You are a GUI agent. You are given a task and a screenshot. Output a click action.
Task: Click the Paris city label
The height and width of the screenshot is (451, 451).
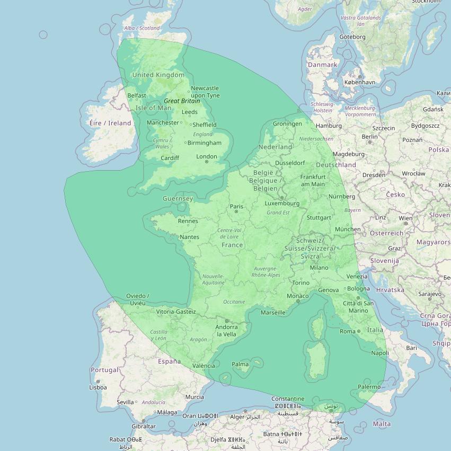point(236,207)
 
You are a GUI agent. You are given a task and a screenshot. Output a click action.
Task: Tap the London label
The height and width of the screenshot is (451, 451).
point(207,156)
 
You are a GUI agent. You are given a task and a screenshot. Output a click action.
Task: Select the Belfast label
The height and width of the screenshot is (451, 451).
point(137,95)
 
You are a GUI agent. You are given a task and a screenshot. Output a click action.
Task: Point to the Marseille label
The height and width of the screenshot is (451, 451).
point(273,312)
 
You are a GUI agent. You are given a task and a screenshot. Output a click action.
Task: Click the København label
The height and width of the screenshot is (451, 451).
point(359,82)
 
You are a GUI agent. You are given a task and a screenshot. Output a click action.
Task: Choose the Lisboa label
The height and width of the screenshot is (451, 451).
point(98,387)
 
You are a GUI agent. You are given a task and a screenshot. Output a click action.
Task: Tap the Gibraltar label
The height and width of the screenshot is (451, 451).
point(144,426)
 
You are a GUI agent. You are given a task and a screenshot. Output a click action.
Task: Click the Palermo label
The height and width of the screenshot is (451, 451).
point(369,387)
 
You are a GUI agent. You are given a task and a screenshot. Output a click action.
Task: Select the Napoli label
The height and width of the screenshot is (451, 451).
point(380,353)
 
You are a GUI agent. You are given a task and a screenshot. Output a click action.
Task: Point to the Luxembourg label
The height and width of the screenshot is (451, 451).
point(282,203)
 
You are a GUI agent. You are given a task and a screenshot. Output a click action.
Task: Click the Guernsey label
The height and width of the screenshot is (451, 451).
point(178,199)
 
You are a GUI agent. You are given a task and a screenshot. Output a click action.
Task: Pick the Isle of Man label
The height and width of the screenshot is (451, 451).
point(153,108)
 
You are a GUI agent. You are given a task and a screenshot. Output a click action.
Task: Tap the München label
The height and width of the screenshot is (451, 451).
point(348,229)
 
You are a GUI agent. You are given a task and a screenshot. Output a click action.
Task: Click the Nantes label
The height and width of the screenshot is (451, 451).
point(189,237)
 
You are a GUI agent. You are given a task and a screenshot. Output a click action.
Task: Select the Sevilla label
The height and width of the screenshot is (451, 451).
point(125,402)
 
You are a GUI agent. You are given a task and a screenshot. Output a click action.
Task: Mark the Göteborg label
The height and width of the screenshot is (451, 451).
point(352,37)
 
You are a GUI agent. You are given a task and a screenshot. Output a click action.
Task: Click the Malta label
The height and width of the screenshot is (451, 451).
point(382,423)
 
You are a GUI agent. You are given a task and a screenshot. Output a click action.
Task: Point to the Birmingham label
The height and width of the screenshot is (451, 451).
point(204,143)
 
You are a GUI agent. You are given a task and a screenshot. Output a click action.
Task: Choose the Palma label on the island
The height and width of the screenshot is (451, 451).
point(240,364)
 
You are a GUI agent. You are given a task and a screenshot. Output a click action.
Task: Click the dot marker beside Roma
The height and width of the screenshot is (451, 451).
point(359,331)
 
